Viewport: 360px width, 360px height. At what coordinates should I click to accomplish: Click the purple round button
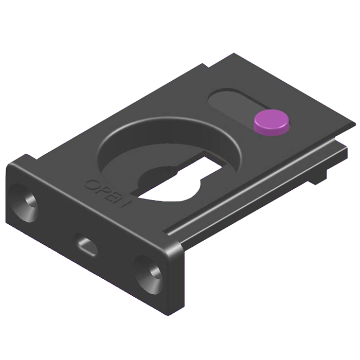[x=272, y=122]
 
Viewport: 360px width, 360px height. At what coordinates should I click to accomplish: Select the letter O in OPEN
[x=91, y=184]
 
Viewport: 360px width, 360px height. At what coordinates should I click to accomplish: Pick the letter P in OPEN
[x=101, y=190]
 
